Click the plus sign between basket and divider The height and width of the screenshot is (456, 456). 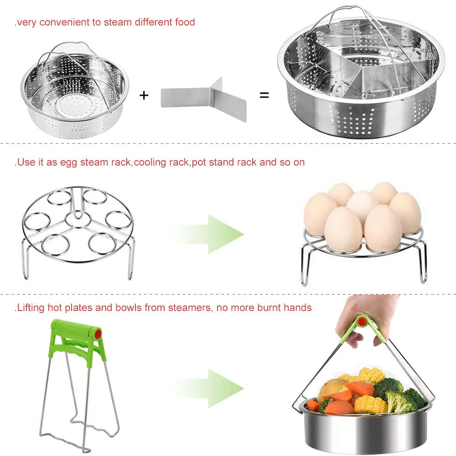144,95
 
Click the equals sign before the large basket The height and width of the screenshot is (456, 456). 264,95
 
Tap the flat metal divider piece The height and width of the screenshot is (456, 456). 204,99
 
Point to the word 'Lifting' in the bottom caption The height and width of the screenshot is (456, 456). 31,308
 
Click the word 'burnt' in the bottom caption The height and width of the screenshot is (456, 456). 269,308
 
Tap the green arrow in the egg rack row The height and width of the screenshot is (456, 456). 209,234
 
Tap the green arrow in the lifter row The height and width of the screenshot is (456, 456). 209,389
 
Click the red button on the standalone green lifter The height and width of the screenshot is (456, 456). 98,334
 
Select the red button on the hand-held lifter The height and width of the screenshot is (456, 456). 362,321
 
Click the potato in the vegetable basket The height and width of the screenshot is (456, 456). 332,389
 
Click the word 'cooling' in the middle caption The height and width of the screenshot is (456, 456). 150,163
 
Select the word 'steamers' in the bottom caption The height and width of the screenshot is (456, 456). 189,308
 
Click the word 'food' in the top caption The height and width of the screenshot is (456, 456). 185,22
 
